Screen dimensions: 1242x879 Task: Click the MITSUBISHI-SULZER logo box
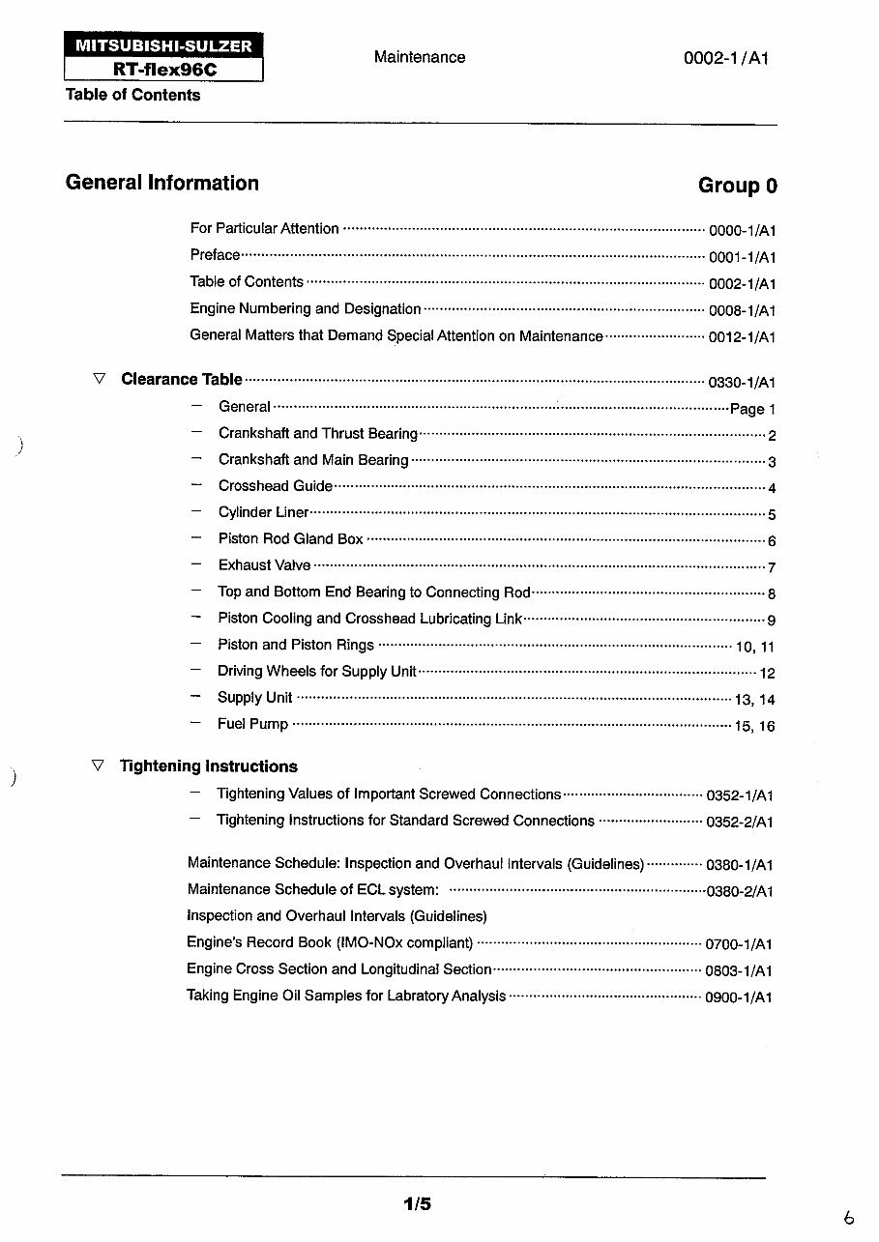tap(163, 45)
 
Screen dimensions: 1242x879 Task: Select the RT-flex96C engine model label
tap(163, 70)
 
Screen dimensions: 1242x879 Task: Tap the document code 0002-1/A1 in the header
tap(726, 58)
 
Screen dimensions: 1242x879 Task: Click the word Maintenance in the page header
tap(420, 57)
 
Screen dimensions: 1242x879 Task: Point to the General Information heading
tap(162, 184)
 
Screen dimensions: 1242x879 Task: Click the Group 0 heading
tap(737, 186)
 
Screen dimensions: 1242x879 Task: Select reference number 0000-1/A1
tap(743, 231)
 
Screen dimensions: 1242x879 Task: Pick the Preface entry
tap(215, 255)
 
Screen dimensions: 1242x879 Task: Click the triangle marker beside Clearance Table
tap(99, 379)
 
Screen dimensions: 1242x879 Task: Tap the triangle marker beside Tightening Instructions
tap(97, 765)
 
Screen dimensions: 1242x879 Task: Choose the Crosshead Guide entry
tap(276, 486)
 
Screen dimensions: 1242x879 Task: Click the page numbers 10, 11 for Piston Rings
tap(755, 647)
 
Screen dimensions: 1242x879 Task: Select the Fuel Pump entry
tap(253, 724)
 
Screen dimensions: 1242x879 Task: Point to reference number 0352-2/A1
tap(740, 823)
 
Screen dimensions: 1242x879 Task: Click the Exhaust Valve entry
tap(265, 565)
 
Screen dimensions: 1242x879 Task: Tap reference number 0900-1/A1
tap(739, 997)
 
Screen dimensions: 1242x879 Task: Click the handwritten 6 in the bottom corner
tap(848, 1219)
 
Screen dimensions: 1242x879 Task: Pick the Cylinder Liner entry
tap(264, 512)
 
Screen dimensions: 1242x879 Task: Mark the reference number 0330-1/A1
tap(742, 383)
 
